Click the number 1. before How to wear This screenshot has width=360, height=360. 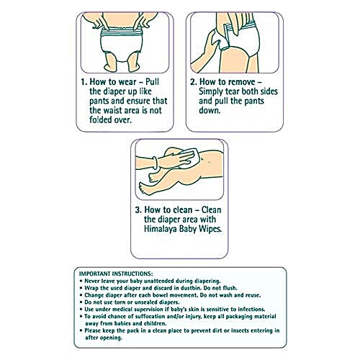[84, 82]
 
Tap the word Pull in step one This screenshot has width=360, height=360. [153, 82]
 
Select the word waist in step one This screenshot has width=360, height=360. [114, 110]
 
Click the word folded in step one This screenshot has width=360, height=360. [100, 120]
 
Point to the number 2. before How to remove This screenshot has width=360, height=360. [194, 82]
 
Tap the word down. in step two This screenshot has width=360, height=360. [210, 110]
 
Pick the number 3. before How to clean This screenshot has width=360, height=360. [138, 210]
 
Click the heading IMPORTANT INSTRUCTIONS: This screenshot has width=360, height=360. [116, 274]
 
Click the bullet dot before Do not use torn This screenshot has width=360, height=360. [81, 302]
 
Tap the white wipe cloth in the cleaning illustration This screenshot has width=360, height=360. [187, 157]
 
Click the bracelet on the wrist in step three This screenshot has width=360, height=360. [155, 163]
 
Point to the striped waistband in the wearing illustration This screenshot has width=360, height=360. [122, 32]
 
